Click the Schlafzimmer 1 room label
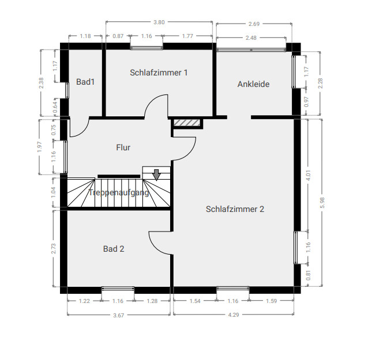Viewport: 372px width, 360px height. [159, 73]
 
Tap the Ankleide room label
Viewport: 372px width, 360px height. [253, 84]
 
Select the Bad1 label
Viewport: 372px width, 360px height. [85, 82]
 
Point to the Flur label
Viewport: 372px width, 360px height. [123, 147]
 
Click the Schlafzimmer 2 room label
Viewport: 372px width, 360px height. [235, 209]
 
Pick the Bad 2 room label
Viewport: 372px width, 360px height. [114, 249]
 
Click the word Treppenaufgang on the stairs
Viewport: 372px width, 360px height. [119, 192]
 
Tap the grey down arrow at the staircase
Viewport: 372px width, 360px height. [156, 175]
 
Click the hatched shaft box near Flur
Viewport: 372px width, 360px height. [186, 123]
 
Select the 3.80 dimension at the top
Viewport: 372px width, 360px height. [159, 22]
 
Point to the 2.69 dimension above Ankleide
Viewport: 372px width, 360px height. [253, 24]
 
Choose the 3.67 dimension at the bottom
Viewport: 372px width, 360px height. [118, 315]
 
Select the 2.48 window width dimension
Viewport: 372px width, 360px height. [251, 37]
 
